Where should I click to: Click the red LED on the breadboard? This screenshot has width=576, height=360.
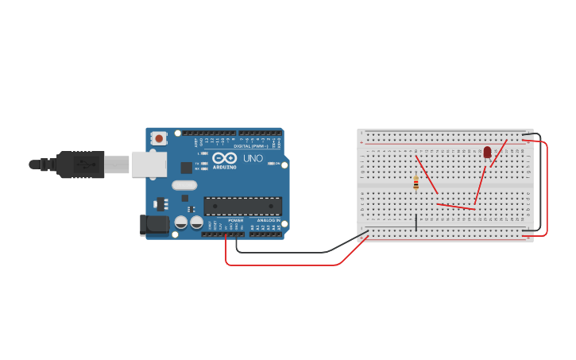487,152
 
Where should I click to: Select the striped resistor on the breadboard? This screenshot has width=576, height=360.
416,183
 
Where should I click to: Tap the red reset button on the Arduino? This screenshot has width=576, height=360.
159,138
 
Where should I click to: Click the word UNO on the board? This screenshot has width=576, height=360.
253,158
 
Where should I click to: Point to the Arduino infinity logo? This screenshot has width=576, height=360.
224,157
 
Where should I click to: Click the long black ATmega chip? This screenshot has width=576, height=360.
242,206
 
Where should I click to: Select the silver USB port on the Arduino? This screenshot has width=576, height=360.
149,164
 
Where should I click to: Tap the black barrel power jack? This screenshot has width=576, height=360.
154,225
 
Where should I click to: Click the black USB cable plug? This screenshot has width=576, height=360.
79,165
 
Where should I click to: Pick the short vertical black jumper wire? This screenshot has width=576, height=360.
416,223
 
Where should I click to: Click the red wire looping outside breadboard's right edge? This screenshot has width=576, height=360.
547,191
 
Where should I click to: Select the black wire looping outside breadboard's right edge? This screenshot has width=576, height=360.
540,183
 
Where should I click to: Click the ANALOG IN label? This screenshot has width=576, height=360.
269,220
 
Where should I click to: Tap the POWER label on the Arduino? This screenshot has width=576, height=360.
236,220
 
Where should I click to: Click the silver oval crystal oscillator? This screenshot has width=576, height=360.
184,185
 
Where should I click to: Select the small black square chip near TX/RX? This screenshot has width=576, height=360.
186,168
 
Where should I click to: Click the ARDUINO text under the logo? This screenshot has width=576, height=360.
225,167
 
